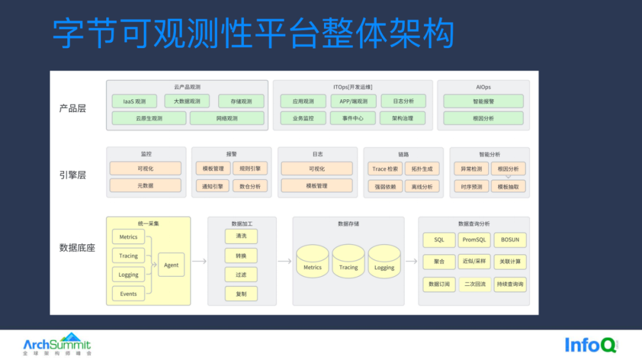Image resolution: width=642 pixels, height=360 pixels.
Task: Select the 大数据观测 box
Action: click(187, 102)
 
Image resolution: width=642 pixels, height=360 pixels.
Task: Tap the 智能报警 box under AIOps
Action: click(483, 102)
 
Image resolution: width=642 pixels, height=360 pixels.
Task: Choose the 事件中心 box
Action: click(353, 118)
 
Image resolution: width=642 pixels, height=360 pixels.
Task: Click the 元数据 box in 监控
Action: click(145, 186)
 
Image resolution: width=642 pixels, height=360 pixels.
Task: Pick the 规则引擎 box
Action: click(250, 169)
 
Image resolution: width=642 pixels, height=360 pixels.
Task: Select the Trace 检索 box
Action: click(385, 169)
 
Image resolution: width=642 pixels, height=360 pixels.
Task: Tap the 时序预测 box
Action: click(471, 187)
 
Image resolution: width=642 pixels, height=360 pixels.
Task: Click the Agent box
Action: click(171, 265)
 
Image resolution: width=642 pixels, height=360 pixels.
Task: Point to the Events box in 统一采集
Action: click(128, 293)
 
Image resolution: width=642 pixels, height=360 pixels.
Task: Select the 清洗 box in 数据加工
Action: click(241, 236)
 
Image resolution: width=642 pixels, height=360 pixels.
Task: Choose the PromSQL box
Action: click(474, 240)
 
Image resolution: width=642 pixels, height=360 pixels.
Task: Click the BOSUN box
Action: click(509, 240)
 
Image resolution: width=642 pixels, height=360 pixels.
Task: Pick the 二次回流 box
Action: click(474, 284)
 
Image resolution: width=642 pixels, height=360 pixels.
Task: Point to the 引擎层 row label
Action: click(73, 175)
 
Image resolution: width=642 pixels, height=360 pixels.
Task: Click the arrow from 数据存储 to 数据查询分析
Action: click(411, 261)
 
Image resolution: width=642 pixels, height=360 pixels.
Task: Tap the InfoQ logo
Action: click(590, 345)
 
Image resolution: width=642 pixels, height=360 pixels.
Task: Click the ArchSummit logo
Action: click(57, 343)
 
